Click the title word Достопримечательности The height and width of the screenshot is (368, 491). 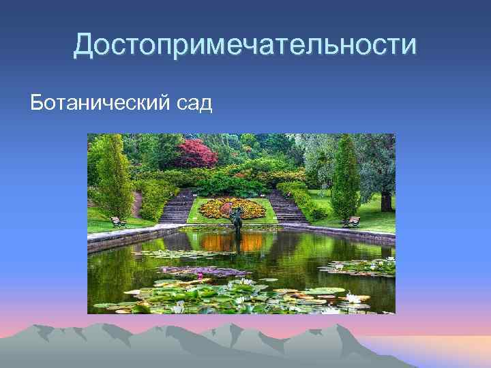click(245, 45)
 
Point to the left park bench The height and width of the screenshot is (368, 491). click(118, 221)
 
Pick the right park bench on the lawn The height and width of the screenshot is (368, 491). click(351, 221)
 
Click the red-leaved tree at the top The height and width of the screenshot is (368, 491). click(195, 153)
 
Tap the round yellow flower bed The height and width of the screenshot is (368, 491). click(231, 207)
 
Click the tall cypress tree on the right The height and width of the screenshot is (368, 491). click(344, 177)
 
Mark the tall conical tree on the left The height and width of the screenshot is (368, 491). click(113, 177)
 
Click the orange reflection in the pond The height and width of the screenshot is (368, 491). click(218, 242)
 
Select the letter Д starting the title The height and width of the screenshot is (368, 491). click(84, 46)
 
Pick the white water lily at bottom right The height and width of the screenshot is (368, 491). click(354, 298)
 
